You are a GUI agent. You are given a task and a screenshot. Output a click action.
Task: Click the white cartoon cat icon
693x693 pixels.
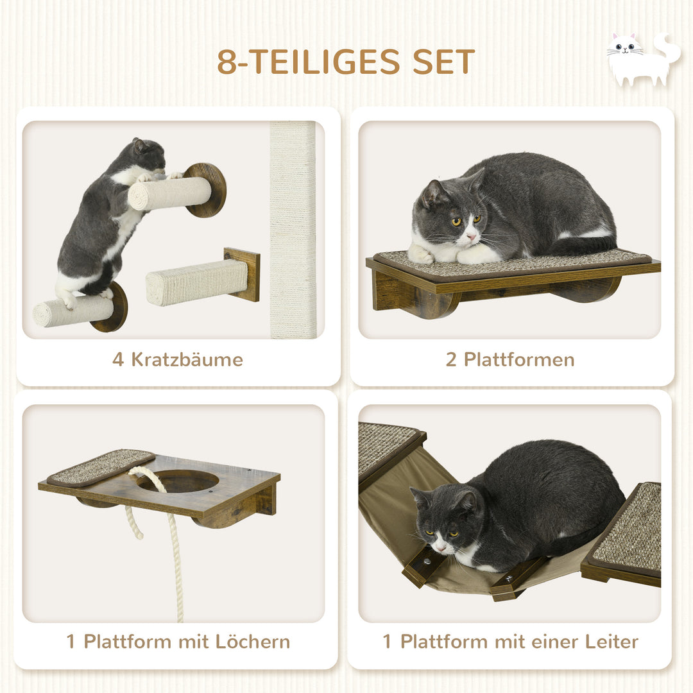pyautogui.click(x=642, y=59)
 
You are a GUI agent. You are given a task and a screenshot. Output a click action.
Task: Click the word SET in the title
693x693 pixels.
pyautogui.click(x=443, y=62)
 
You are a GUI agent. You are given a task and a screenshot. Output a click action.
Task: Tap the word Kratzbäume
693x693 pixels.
pyautogui.click(x=187, y=359)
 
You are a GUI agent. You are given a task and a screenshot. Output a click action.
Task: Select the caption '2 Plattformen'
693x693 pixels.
pyautogui.click(x=510, y=359)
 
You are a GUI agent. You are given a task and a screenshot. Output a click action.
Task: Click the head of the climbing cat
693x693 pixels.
pyautogui.click(x=150, y=154)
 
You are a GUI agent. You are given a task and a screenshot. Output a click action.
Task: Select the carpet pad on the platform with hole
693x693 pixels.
pyautogui.click(x=101, y=466)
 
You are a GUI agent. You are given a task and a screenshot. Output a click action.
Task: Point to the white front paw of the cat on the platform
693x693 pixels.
pyautogui.click(x=421, y=255)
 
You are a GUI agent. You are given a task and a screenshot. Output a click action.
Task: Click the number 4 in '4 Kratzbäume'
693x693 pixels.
pyautogui.click(x=118, y=359)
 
